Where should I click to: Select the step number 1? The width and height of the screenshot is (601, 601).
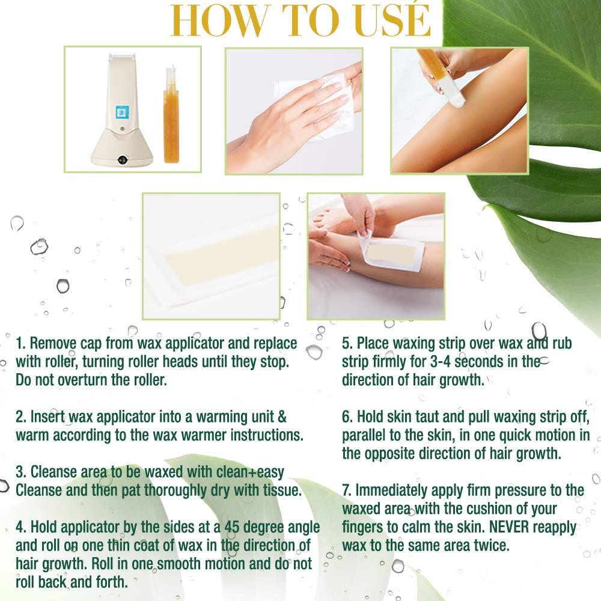[x=20, y=343]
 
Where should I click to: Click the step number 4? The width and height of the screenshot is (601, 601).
[x=20, y=527]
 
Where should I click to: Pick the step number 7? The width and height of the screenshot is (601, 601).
[x=346, y=490]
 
